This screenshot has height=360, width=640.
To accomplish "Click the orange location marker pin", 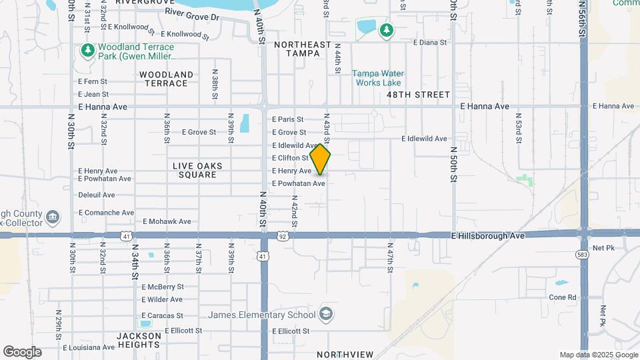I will click(x=320, y=159).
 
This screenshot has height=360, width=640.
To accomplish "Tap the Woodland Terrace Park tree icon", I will click(x=87, y=51).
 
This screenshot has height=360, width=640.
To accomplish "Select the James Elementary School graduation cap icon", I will click(x=326, y=314).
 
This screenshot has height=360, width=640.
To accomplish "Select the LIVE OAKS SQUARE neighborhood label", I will click(x=197, y=170).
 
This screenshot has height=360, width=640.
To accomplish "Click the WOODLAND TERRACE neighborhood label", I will click(x=167, y=79).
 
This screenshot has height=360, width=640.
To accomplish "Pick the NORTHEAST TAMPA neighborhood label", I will click(x=303, y=49).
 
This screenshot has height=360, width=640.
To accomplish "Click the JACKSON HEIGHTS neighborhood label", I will click(x=139, y=340).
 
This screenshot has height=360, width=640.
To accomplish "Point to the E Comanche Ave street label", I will click(x=106, y=213).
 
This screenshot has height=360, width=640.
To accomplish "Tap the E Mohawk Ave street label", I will click(x=167, y=221).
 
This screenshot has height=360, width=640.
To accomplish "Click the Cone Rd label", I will click(x=563, y=297).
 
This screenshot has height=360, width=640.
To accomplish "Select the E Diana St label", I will click(x=429, y=42).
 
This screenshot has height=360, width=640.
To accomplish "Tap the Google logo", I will click(x=22, y=351).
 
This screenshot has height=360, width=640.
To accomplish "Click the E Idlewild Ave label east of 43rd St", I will click(x=424, y=139).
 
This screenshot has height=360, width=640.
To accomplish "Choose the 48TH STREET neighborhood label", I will click(x=419, y=95).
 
